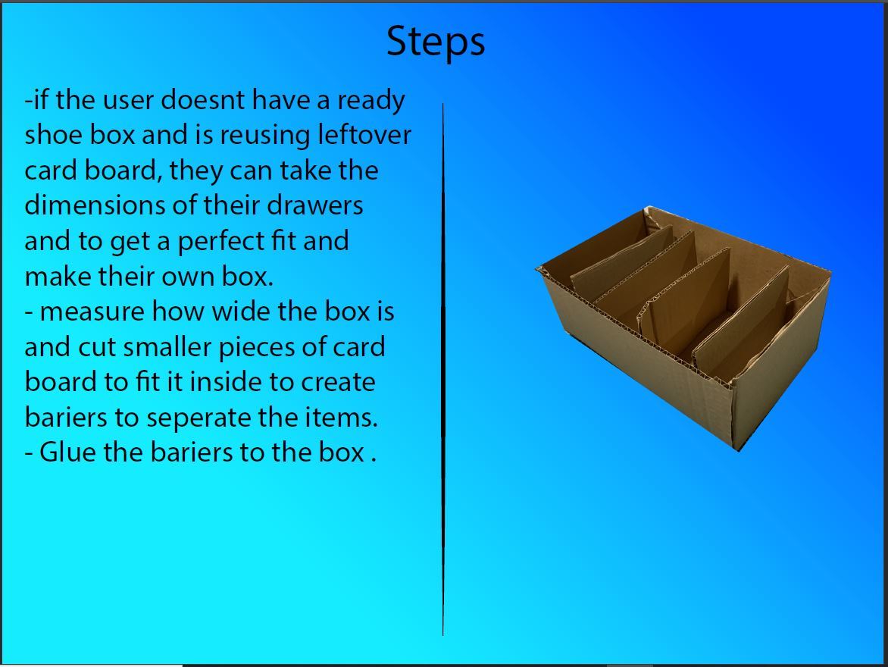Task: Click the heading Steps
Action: point(436,42)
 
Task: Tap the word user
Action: point(128,100)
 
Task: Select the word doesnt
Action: point(203,100)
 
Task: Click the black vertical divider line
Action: point(443,369)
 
